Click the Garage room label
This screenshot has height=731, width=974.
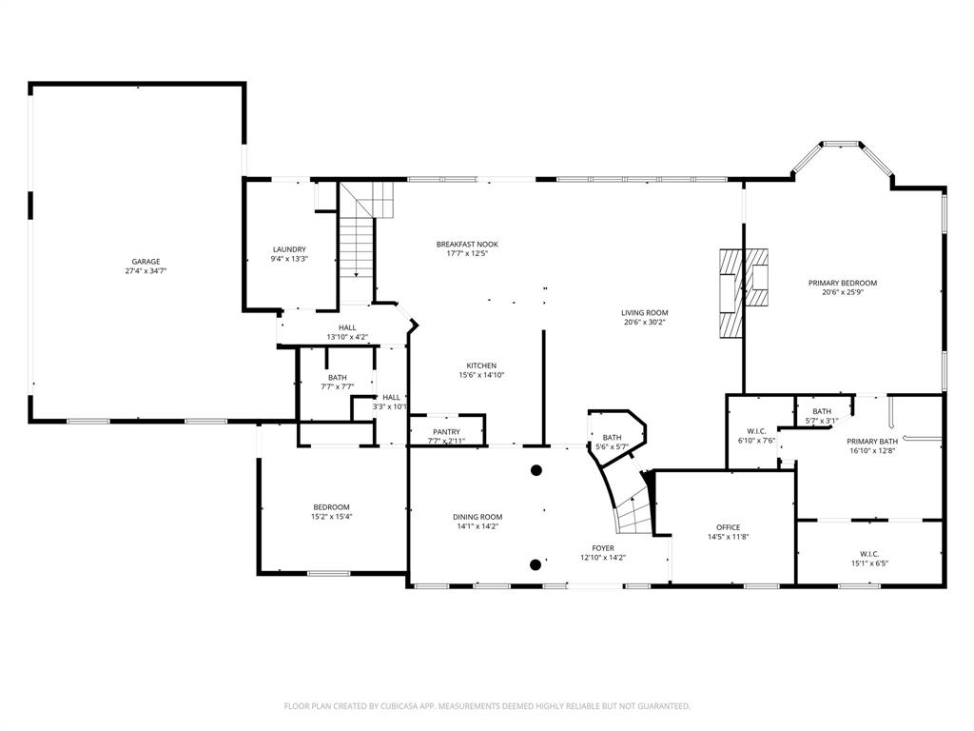tap(146, 262)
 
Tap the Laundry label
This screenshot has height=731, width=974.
tap(289, 249)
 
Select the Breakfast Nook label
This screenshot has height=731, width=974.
tap(467, 245)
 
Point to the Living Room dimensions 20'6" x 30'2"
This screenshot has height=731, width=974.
tap(645, 323)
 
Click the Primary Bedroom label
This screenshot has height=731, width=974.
tap(842, 283)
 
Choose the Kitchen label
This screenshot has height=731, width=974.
tap(480, 365)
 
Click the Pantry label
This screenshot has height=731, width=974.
tap(446, 431)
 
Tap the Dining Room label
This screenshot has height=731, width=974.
tap(477, 517)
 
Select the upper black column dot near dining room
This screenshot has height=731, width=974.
tap(536, 469)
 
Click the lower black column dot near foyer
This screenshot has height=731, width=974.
tap(536, 564)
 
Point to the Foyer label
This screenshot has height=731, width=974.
tap(603, 548)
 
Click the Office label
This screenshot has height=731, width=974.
tap(728, 527)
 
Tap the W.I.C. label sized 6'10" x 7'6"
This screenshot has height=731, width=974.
tap(757, 430)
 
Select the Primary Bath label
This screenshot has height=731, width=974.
tap(872, 442)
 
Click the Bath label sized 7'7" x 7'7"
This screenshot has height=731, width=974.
tap(337, 378)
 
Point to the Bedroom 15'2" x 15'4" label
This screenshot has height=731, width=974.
tap(331, 506)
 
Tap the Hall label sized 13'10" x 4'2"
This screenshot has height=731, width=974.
tap(347, 327)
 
